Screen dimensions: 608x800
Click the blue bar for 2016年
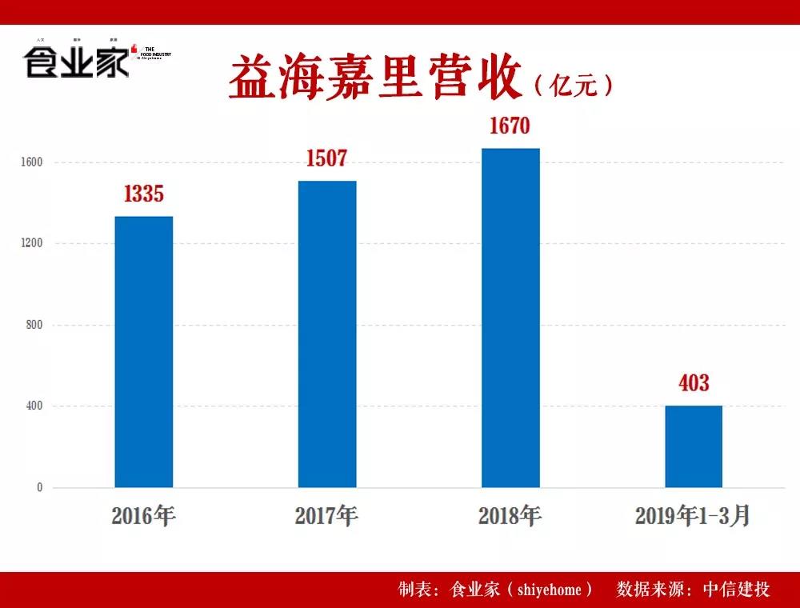click(x=144, y=352)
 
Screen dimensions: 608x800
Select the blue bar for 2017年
click(x=327, y=334)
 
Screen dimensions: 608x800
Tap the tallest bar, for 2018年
click(x=510, y=318)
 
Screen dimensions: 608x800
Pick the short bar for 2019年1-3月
click(x=694, y=446)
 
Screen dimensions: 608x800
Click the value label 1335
click(x=144, y=194)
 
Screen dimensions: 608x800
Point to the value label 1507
click(x=327, y=158)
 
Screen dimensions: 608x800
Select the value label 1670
click(x=510, y=126)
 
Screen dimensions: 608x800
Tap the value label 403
click(x=694, y=384)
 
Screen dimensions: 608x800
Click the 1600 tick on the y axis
click(x=32, y=162)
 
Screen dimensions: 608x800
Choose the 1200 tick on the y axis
click(x=32, y=244)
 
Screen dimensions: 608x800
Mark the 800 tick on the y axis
click(x=34, y=326)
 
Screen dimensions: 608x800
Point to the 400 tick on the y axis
click(x=34, y=406)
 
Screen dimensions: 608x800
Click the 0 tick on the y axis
click(x=39, y=488)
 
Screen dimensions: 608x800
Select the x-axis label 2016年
click(x=144, y=516)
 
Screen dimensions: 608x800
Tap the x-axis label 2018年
click(x=510, y=516)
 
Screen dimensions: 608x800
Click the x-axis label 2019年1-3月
click(x=694, y=516)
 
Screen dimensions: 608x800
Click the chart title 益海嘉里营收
click(x=376, y=78)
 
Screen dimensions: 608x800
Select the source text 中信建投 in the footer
click(x=737, y=590)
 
